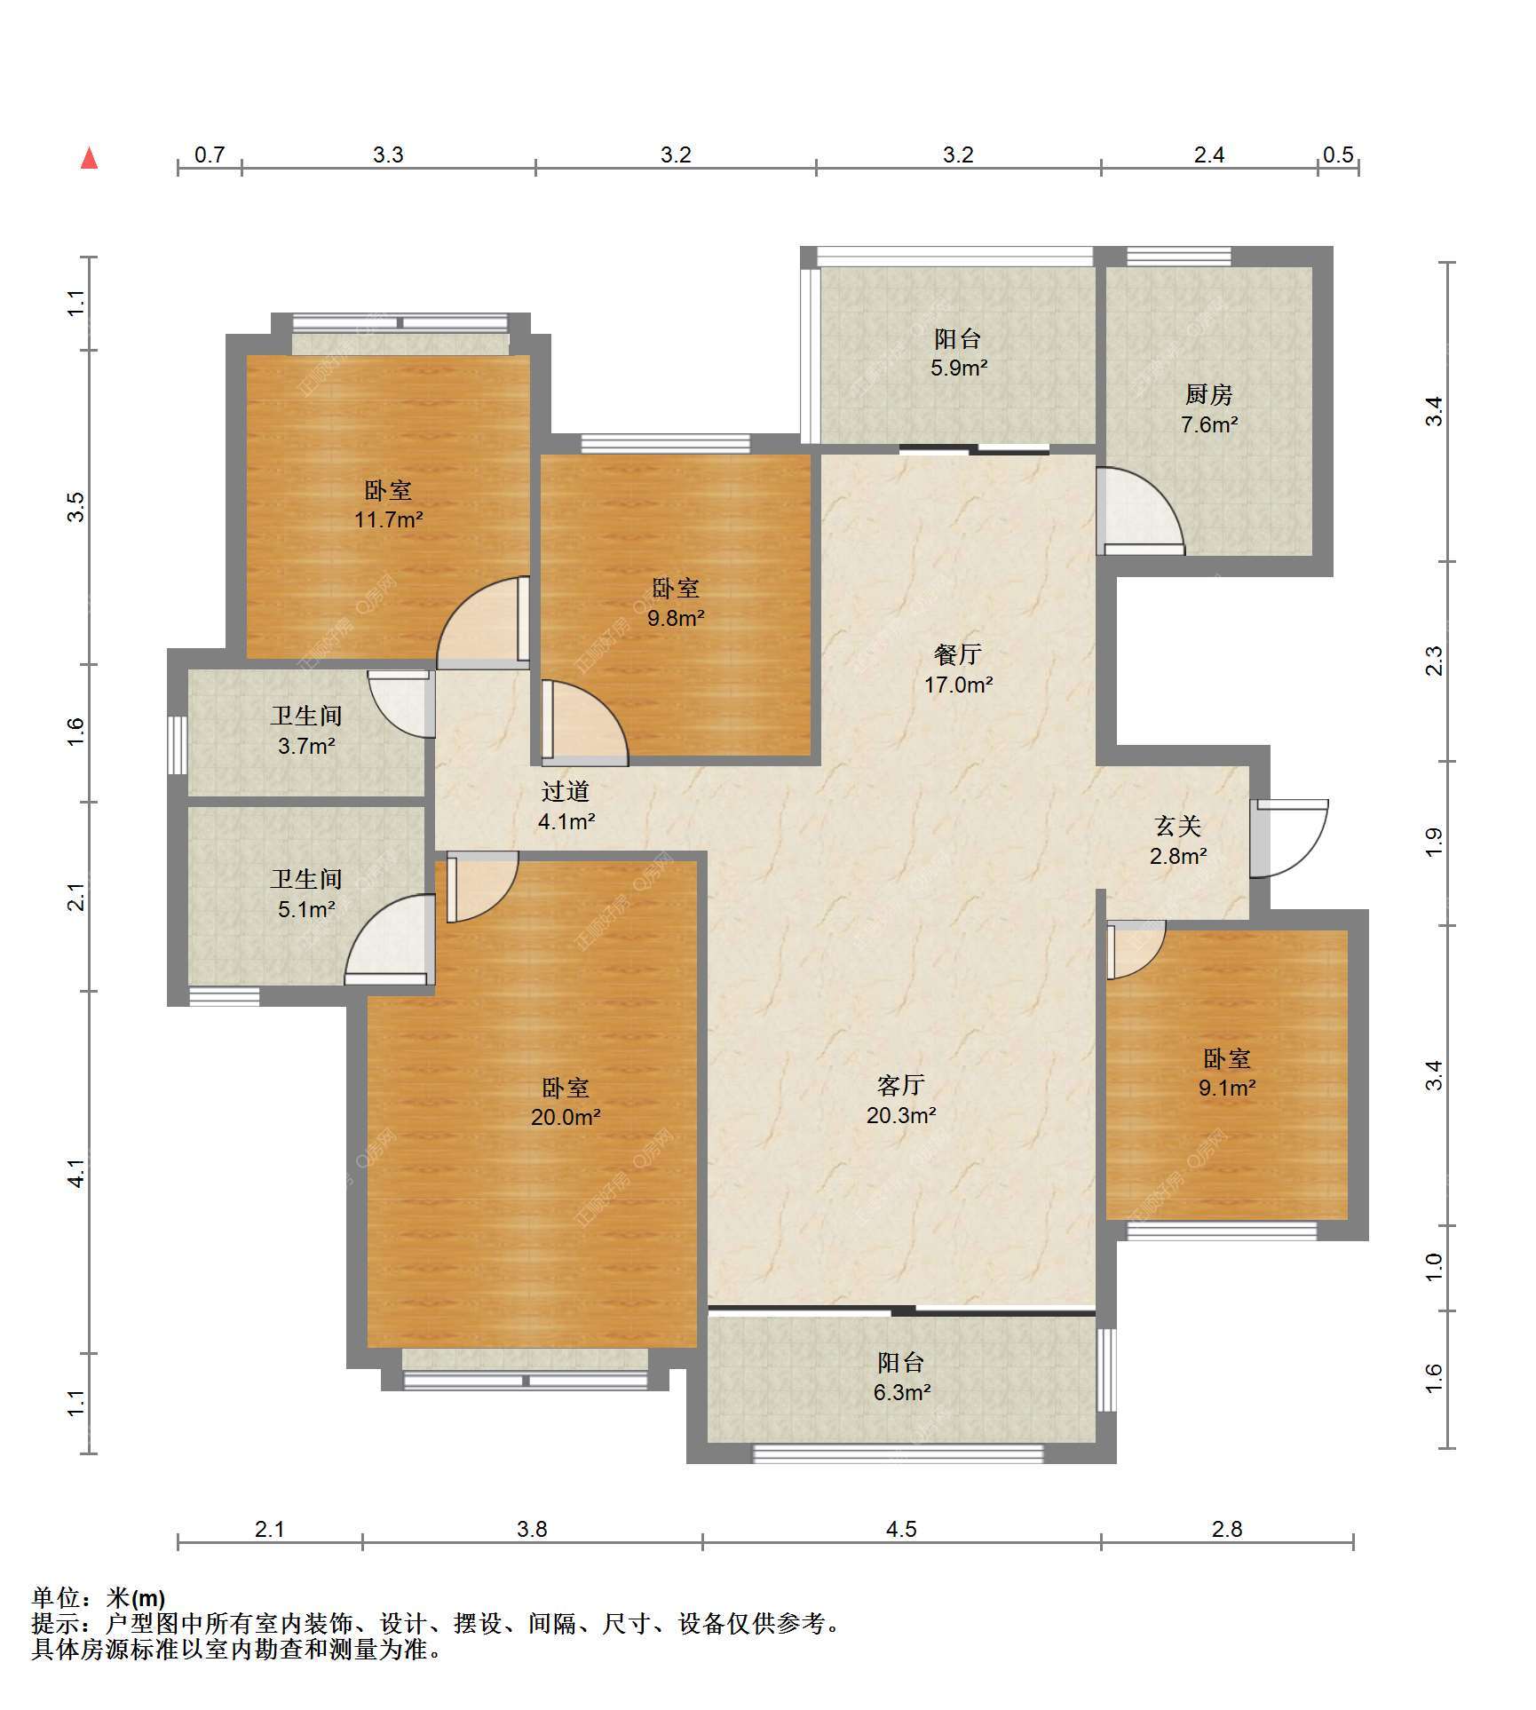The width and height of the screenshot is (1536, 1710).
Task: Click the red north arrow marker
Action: [x=89, y=158]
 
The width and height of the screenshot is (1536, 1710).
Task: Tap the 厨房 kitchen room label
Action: [x=1208, y=394]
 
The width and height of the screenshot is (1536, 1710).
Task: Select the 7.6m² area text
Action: [x=1208, y=424]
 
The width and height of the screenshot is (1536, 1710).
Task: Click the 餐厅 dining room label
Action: [x=958, y=654]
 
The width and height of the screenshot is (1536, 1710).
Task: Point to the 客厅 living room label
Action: [x=901, y=1085]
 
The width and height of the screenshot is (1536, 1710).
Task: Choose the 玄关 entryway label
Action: [x=1178, y=827]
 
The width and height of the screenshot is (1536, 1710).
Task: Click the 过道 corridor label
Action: [x=566, y=791]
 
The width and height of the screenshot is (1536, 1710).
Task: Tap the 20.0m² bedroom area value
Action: [x=566, y=1117]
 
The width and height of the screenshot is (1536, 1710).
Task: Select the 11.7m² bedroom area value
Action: [x=388, y=519]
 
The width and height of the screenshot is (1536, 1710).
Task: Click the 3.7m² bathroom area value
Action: [x=306, y=746]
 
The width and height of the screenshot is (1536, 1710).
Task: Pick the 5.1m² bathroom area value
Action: [x=306, y=909]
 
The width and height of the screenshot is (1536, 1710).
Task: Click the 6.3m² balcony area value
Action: [x=901, y=1392]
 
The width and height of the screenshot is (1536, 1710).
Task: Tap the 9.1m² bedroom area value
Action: [x=1227, y=1088]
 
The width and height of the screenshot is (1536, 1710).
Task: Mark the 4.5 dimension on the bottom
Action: [x=901, y=1529]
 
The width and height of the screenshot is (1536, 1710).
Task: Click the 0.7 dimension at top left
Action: [x=210, y=154]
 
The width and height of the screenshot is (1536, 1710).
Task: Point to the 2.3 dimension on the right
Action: [x=1434, y=661]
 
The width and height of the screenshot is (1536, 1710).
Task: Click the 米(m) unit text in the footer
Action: [x=136, y=1598]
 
